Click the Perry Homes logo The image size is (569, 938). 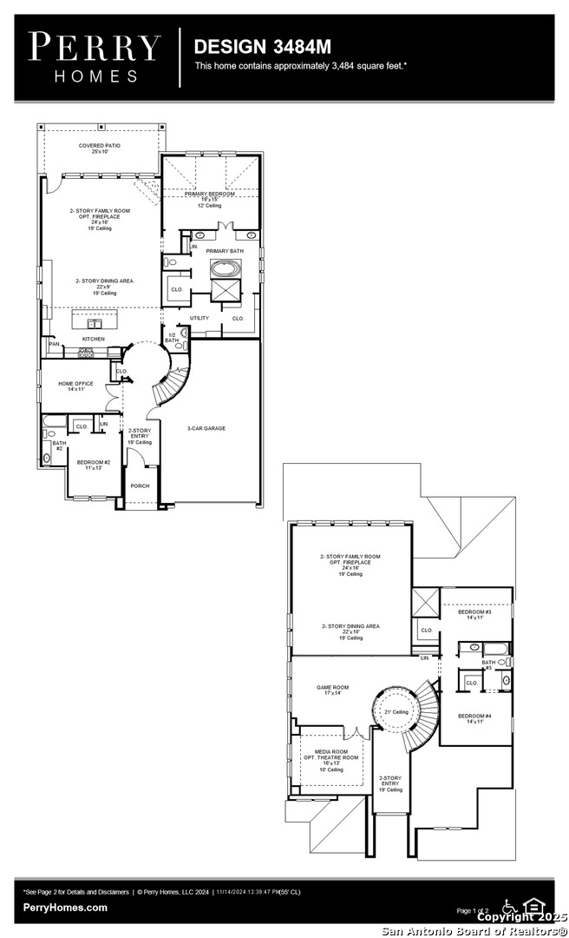pyautogui.click(x=95, y=56)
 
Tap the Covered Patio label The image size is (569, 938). pyautogui.click(x=100, y=149)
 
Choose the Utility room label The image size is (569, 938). pyautogui.click(x=199, y=318)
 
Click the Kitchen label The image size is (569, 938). pyautogui.click(x=94, y=339)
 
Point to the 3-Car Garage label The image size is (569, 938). pyautogui.click(x=206, y=428)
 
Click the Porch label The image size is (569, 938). pyautogui.click(x=140, y=486)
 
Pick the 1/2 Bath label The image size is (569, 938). pyautogui.click(x=172, y=337)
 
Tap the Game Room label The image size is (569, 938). pyautogui.click(x=334, y=690)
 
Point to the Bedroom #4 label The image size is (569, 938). pyautogui.click(x=474, y=718)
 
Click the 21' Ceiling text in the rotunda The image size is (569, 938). pyautogui.click(x=396, y=711)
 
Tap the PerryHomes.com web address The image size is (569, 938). pyautogui.click(x=66, y=908)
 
